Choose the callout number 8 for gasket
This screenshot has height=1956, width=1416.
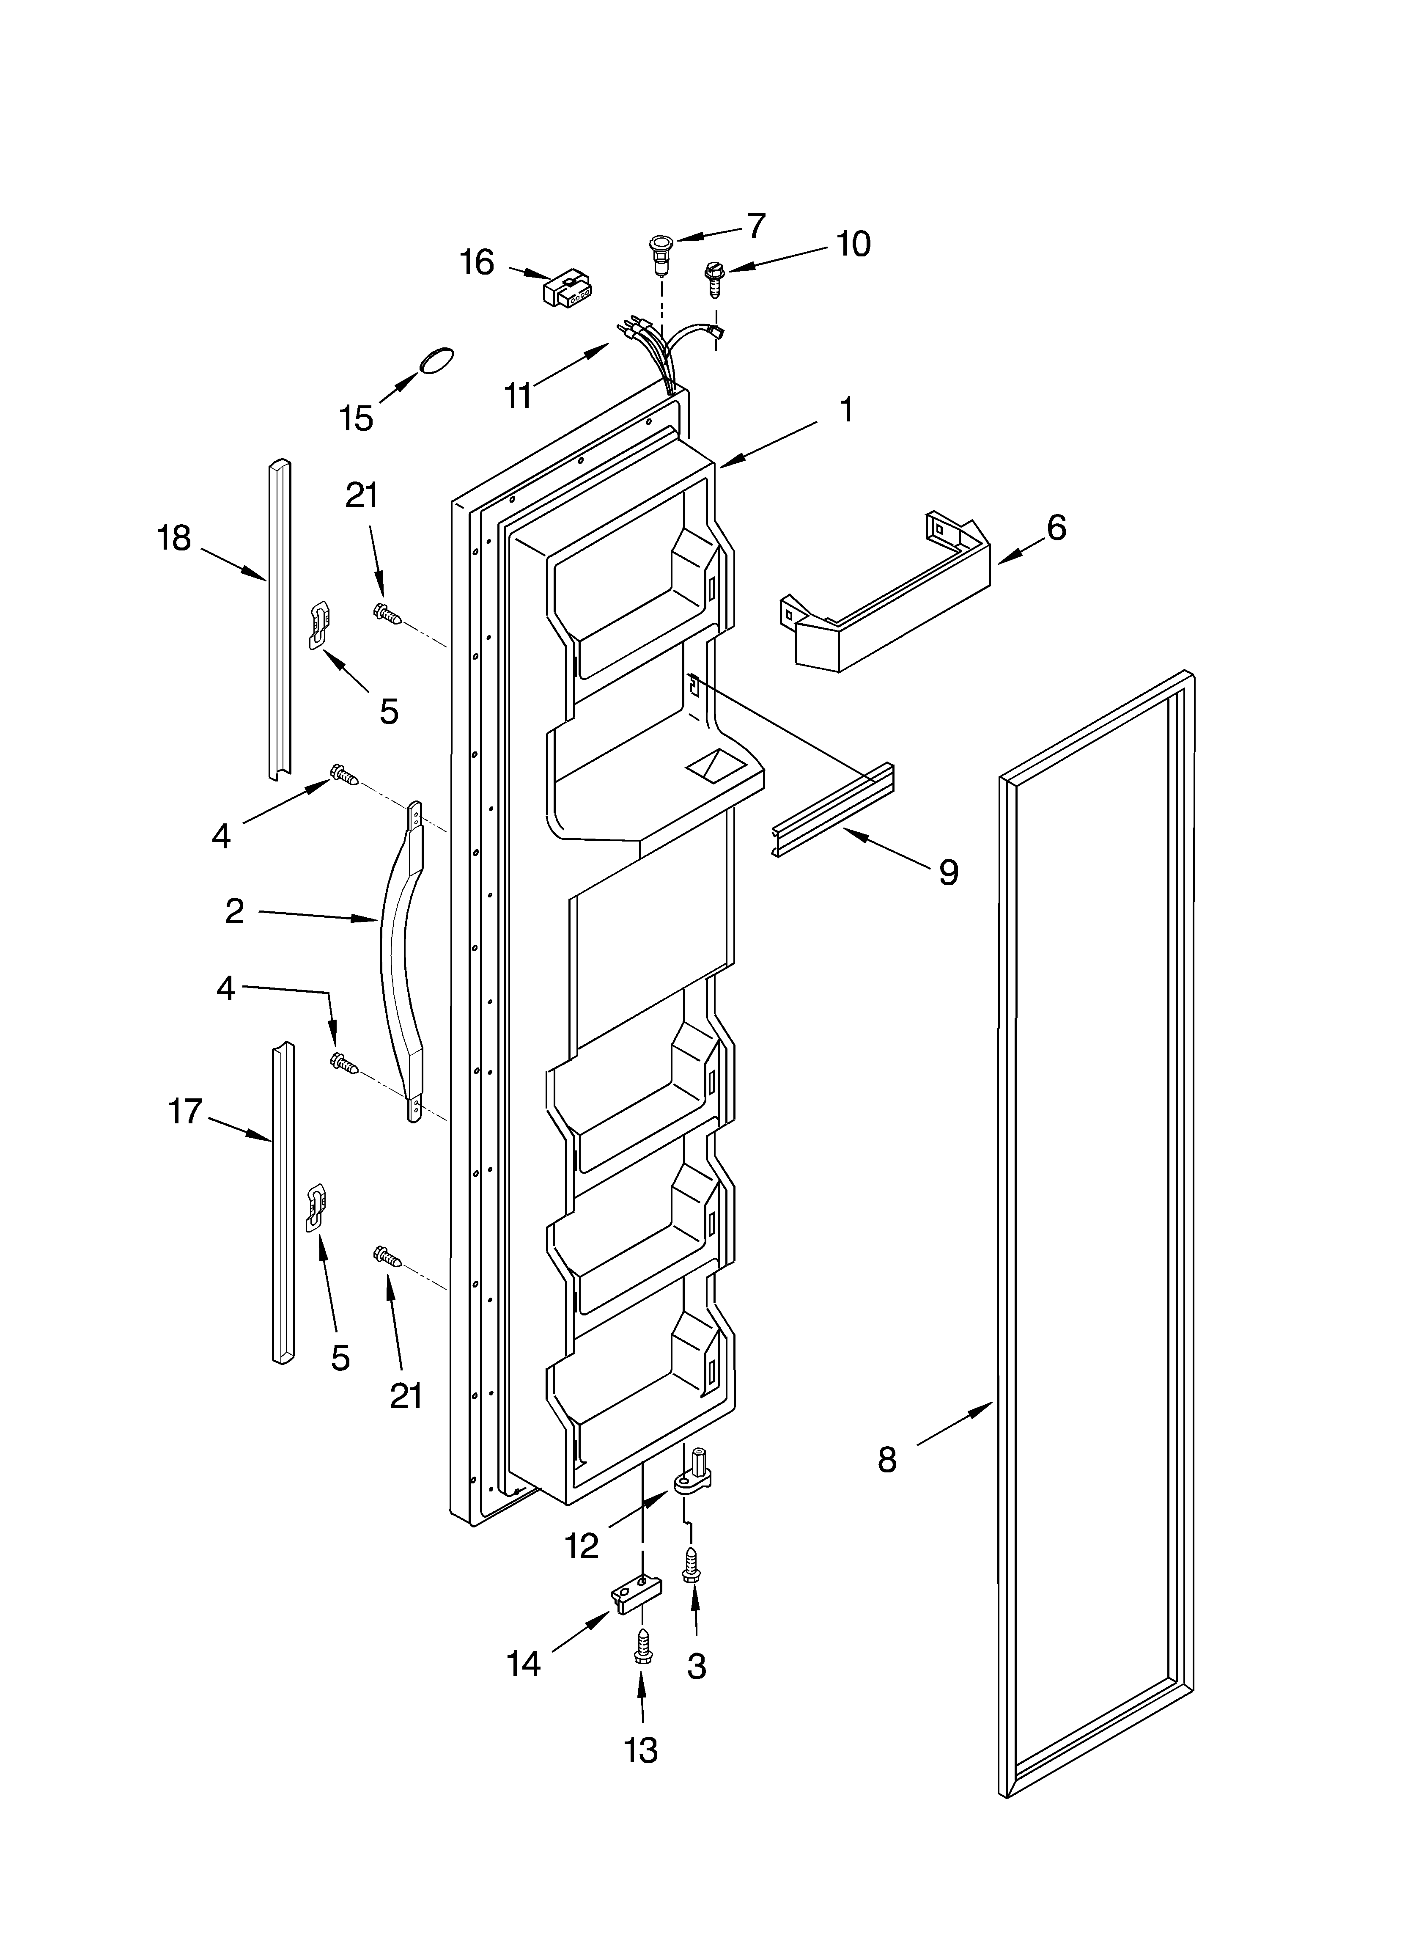[887, 1460]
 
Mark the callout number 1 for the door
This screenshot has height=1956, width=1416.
[847, 410]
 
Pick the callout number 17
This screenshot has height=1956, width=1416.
[185, 1111]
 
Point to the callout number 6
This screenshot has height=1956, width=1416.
[1057, 527]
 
